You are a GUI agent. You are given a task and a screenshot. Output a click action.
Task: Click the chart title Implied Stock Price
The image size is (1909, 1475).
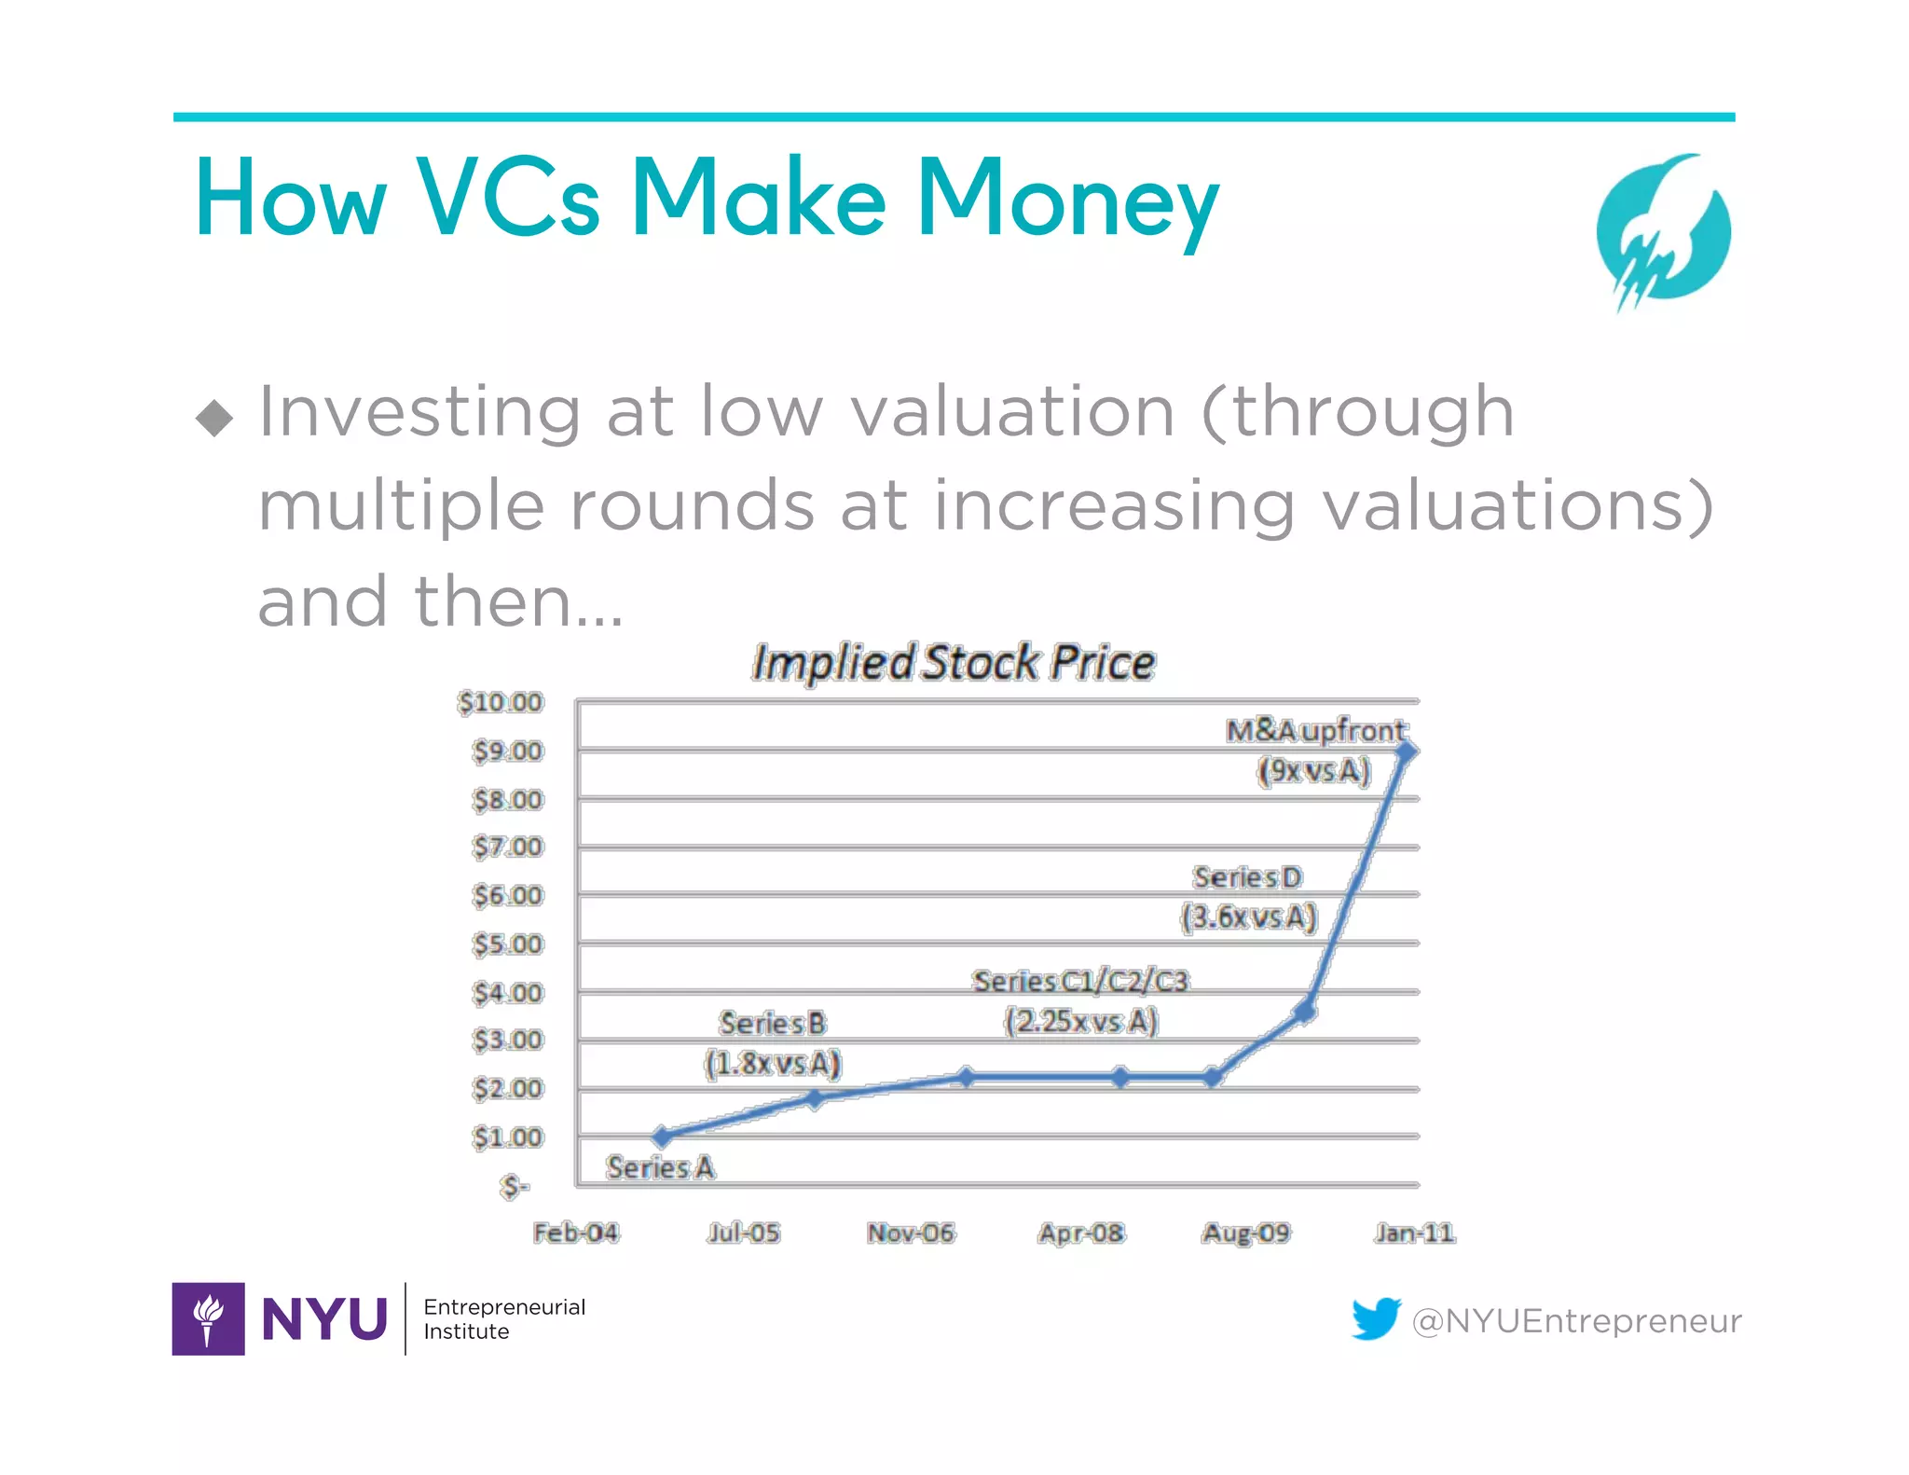point(953,663)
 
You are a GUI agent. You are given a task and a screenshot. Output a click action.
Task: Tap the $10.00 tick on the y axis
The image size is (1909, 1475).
point(500,702)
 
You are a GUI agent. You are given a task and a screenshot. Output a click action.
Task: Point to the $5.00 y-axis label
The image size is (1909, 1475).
point(507,944)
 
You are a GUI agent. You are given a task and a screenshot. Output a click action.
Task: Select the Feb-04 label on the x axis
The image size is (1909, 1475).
point(575,1233)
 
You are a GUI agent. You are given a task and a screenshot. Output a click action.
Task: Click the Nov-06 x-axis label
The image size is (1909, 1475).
point(911,1233)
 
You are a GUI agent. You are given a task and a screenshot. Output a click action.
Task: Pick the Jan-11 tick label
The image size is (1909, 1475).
point(1414,1233)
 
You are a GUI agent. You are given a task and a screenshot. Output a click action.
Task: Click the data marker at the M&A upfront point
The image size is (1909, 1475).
point(1408,751)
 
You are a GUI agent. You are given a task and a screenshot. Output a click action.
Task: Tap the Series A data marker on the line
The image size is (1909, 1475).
point(662,1136)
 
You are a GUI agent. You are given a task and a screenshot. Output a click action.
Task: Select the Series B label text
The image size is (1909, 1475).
point(773,1023)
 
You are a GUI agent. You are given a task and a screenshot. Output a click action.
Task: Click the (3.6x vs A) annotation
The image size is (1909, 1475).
point(1248,917)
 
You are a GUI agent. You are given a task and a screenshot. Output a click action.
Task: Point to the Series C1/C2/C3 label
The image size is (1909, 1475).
point(1080,981)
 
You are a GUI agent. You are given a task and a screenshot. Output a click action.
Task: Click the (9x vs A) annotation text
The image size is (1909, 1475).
point(1314,771)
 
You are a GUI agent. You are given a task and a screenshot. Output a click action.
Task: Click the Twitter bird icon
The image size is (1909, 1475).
point(1376,1318)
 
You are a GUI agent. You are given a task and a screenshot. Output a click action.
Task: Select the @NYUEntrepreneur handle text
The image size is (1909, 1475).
point(1576,1320)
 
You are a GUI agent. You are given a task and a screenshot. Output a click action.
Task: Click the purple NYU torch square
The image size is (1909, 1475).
point(208,1318)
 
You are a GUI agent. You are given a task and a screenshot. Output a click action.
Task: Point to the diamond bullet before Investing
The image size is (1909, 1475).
point(214,418)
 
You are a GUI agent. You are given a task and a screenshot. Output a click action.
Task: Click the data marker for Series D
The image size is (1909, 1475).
point(1305,1011)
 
